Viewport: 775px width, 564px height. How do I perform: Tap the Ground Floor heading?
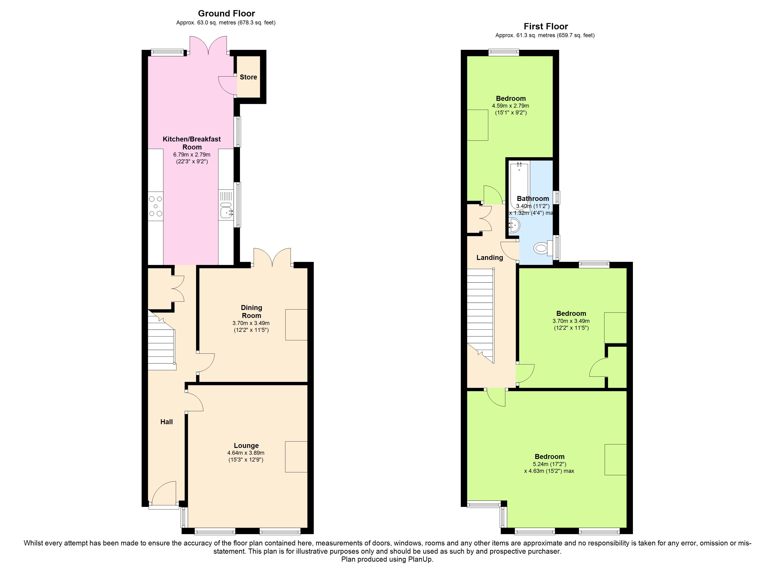(x=227, y=13)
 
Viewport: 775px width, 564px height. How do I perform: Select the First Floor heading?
(x=546, y=26)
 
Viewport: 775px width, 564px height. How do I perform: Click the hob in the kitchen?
(x=155, y=206)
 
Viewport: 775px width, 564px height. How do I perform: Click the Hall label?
(x=167, y=422)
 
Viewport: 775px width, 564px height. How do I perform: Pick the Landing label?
(x=490, y=258)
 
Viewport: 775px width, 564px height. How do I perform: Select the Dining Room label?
(x=252, y=311)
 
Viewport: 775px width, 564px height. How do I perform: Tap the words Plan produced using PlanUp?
(x=387, y=559)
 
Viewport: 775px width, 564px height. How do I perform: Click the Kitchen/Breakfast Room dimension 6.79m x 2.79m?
(x=192, y=155)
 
